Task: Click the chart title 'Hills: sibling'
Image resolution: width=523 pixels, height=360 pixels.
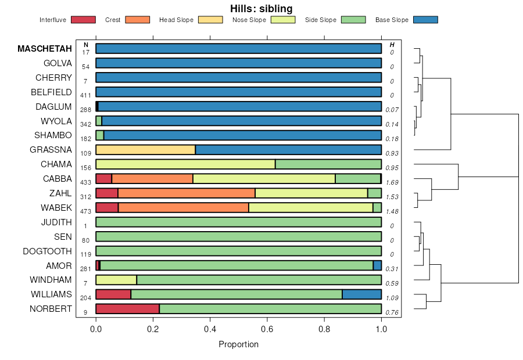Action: click(261, 8)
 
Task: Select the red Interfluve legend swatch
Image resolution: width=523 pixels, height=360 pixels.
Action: click(83, 20)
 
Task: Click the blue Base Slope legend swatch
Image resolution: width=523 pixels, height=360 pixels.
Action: click(425, 20)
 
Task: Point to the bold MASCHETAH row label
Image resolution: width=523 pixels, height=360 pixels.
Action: click(45, 49)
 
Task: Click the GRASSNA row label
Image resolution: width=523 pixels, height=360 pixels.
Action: click(51, 150)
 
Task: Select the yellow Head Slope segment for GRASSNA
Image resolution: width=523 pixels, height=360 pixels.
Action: click(145, 150)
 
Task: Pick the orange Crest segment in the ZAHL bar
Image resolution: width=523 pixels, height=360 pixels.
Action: click(186, 193)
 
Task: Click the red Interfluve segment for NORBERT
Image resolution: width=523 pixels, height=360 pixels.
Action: click(127, 309)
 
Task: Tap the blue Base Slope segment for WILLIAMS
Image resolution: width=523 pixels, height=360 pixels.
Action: click(361, 294)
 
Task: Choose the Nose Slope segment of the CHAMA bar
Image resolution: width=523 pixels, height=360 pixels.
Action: click(185, 164)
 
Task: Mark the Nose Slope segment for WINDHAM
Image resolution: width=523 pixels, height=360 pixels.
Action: click(116, 280)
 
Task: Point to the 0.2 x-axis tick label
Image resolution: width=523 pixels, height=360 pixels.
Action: click(153, 328)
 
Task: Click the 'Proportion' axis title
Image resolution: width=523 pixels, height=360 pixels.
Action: click(238, 344)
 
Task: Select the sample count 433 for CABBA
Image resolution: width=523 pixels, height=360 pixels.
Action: click(85, 182)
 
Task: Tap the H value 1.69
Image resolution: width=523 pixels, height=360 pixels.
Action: click(392, 182)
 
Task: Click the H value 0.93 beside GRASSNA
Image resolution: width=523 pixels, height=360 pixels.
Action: click(392, 153)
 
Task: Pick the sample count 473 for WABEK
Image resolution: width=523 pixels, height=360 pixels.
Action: click(85, 211)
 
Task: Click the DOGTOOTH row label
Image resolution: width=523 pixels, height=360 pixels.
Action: click(47, 251)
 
